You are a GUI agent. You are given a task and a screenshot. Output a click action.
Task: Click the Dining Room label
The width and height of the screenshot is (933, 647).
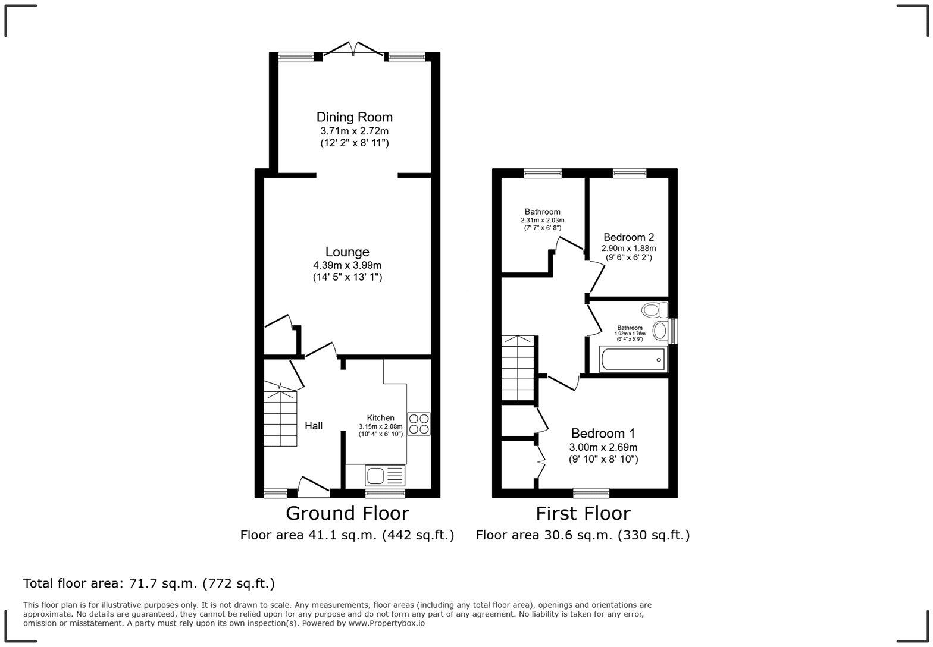pyautogui.click(x=354, y=117)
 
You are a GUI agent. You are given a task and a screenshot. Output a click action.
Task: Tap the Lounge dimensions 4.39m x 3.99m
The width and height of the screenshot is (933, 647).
pyautogui.click(x=347, y=265)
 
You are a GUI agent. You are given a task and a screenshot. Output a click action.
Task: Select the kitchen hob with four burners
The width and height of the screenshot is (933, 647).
pyautogui.click(x=419, y=423)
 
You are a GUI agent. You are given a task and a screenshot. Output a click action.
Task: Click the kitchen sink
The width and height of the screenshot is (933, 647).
pyautogui.click(x=384, y=476)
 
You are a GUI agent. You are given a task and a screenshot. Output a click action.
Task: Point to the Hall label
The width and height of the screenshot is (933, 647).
pyautogui.click(x=314, y=426)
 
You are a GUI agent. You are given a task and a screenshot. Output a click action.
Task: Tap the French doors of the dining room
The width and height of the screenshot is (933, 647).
pyautogui.click(x=354, y=50)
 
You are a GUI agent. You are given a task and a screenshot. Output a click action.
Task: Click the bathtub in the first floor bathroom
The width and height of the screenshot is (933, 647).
pyautogui.click(x=633, y=360)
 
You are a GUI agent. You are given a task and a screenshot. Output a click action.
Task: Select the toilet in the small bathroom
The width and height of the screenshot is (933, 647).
pyautogui.click(x=655, y=310)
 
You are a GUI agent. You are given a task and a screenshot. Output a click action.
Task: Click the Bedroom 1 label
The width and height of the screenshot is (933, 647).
pyautogui.click(x=603, y=433)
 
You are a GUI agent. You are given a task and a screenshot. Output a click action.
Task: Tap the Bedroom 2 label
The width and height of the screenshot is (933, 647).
pyautogui.click(x=628, y=237)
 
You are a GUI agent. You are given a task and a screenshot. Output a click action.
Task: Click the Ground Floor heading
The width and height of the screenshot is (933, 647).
pyautogui.click(x=347, y=513)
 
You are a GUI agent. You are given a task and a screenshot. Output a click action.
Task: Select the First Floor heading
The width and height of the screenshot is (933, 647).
pyautogui.click(x=583, y=513)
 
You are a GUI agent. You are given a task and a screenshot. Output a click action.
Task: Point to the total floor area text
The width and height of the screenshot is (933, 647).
pyautogui.click(x=149, y=583)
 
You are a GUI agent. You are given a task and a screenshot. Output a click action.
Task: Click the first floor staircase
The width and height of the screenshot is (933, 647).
pyautogui.click(x=518, y=369)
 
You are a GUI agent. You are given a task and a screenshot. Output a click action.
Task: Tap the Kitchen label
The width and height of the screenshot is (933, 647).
pyautogui.click(x=380, y=418)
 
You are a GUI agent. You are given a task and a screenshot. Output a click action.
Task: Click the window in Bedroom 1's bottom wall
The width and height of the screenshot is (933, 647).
pyautogui.click(x=591, y=492)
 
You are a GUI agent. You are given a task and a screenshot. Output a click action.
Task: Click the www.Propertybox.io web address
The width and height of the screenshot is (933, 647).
pyautogui.click(x=386, y=623)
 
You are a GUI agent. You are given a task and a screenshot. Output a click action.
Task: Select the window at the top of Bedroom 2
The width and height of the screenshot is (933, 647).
pyautogui.click(x=630, y=173)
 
